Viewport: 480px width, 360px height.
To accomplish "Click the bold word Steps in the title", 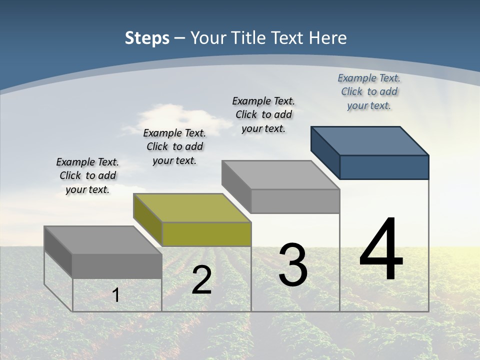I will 147,38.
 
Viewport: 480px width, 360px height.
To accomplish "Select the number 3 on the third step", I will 293,265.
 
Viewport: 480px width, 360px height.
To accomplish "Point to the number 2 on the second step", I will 201,280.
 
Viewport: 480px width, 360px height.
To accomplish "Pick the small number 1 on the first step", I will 115,295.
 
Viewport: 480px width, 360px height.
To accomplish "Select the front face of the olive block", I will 206,234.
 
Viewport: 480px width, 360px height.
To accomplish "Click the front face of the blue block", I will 384,167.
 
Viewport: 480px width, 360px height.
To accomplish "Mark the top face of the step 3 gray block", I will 280,175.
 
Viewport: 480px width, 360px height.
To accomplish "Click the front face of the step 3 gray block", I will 295,201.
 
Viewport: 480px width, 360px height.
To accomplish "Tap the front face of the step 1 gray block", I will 117,266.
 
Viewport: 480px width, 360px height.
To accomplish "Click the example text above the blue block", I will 369,92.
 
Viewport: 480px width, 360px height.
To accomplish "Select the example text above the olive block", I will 174,147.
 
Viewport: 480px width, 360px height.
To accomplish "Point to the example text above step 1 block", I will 87,176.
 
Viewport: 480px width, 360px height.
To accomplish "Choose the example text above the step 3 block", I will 263,115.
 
